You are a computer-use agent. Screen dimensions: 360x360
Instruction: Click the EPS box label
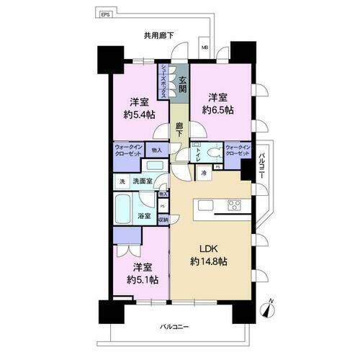pyautogui.click(x=105, y=13)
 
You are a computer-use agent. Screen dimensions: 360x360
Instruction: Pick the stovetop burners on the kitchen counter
pyautogui.click(x=235, y=206)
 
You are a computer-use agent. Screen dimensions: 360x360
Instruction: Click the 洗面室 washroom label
pyautogui.click(x=144, y=181)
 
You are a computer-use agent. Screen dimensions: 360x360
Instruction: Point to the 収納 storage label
pyautogui.click(x=163, y=220)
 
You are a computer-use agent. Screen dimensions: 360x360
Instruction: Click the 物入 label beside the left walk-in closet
pyautogui.click(x=156, y=150)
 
